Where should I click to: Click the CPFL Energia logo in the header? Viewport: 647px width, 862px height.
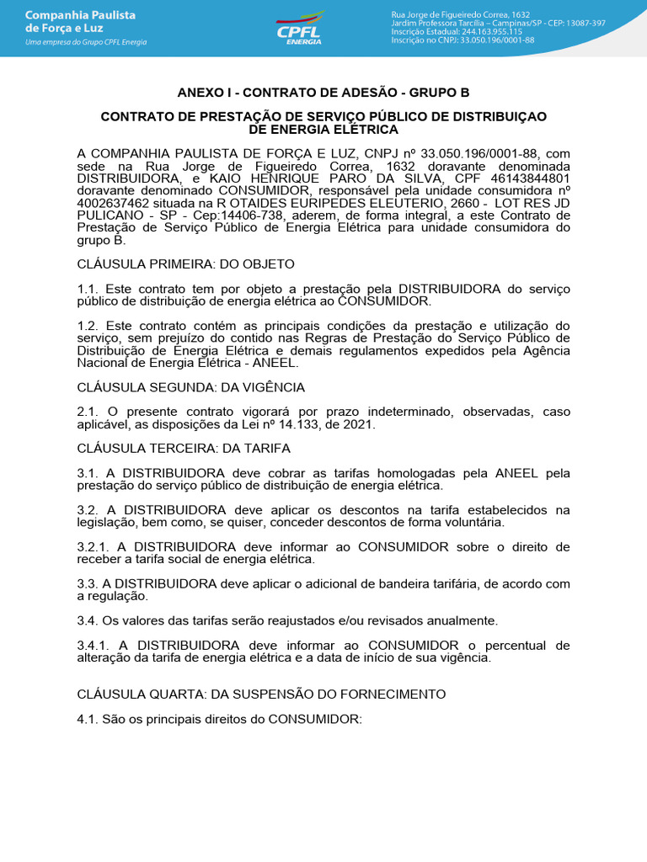[300, 28]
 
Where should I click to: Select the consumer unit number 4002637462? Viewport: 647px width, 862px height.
[117, 203]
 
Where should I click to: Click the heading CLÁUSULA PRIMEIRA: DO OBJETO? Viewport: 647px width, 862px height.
[174, 263]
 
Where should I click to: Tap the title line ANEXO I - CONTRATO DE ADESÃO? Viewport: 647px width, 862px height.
[323, 92]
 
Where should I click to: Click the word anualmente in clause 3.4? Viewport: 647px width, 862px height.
[457, 620]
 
